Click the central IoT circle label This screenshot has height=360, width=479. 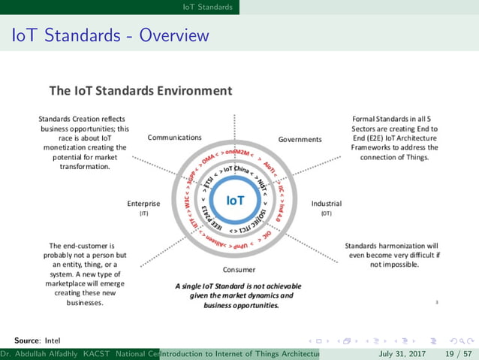click(235, 201)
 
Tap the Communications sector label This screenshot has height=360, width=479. click(174, 138)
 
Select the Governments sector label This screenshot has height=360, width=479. click(300, 139)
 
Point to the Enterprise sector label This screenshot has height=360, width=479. click(144, 203)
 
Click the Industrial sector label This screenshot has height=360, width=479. click(327, 203)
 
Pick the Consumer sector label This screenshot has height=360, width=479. click(239, 269)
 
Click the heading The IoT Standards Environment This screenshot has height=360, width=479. click(140, 91)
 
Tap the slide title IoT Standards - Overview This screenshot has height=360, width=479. click(110, 35)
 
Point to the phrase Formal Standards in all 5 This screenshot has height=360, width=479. click(396, 119)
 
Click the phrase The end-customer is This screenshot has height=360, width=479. click(80, 246)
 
